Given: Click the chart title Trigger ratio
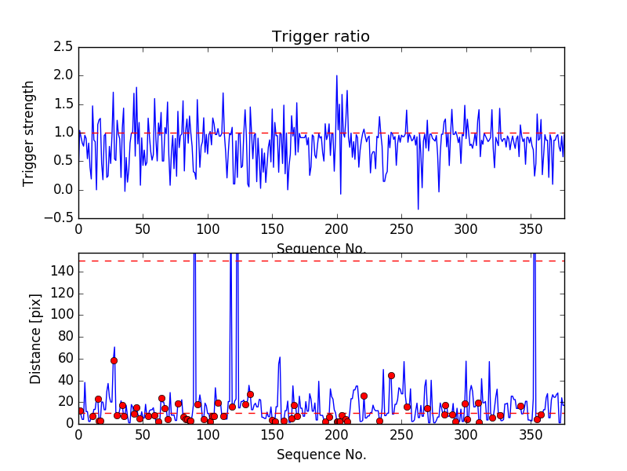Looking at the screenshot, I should tap(321, 37).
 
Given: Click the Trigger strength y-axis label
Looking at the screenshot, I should tap(29, 133).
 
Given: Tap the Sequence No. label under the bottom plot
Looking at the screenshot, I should tap(321, 455).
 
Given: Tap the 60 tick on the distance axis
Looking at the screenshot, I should tap(63, 358).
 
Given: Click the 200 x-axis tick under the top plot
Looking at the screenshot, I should tap(337, 229).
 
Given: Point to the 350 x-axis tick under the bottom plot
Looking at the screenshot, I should tap(531, 434).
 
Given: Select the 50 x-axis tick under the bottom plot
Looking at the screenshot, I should tap(143, 434).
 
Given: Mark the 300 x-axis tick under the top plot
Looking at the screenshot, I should tap(466, 229).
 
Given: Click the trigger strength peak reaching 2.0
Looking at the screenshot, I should tap(337, 76).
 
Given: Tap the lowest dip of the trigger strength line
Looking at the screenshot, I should tap(418, 209).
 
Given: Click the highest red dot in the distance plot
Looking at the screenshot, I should tap(114, 360).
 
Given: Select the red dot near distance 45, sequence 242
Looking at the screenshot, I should tap(391, 375).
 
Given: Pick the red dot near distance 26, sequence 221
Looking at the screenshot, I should tap(364, 396).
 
